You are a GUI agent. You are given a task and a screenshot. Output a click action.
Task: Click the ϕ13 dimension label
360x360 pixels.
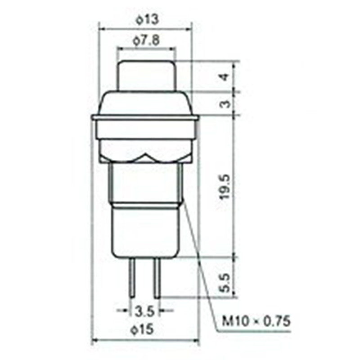[x=145, y=20]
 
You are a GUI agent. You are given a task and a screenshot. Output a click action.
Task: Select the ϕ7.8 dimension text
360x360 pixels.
[x=145, y=41]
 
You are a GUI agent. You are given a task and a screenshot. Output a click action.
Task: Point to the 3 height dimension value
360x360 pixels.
[x=226, y=104]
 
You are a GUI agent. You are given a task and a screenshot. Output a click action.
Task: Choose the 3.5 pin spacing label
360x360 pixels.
[x=145, y=311]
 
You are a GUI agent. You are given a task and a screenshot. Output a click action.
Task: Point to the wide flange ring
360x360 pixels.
[x=145, y=118]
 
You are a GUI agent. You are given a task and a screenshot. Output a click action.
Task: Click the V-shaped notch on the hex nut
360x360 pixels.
[x=146, y=158]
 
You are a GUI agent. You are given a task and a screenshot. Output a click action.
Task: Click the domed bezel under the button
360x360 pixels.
[x=145, y=103]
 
